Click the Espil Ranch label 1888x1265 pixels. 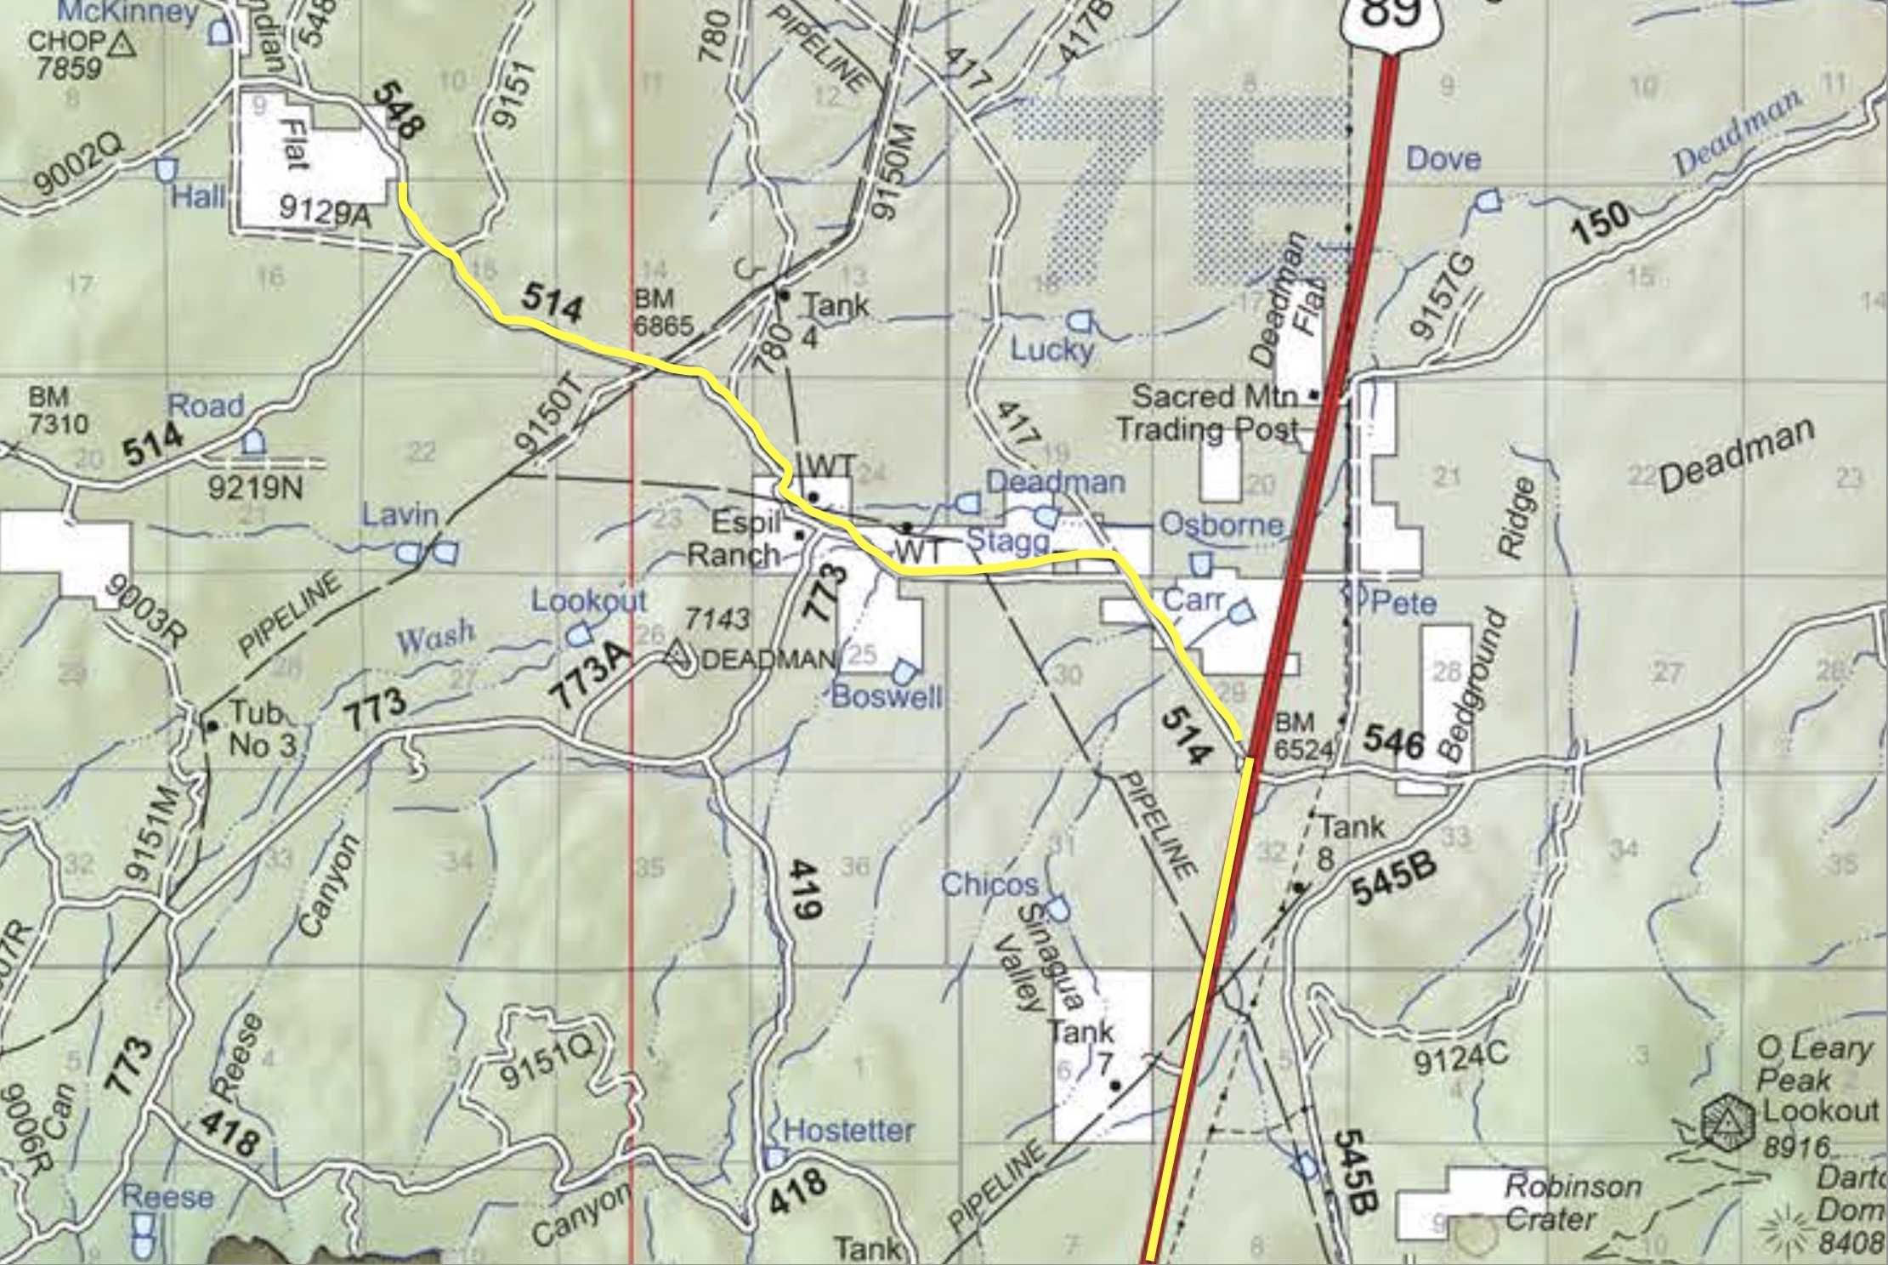click(735, 538)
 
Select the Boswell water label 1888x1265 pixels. click(887, 697)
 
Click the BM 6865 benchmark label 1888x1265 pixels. click(664, 311)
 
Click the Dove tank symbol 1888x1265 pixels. click(1488, 201)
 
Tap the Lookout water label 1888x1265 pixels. click(588, 600)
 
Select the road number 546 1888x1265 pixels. click(1393, 742)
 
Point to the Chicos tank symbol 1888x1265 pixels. click(1057, 909)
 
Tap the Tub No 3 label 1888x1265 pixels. click(262, 729)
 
